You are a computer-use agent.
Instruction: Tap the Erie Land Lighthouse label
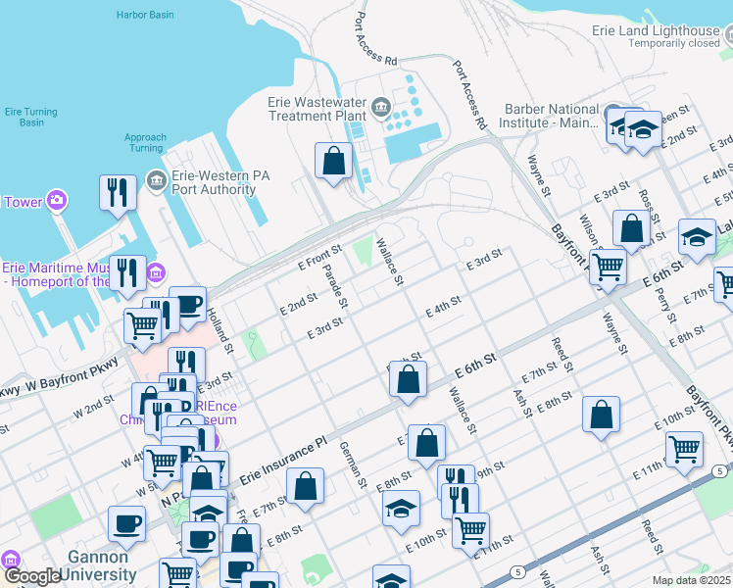point(656,30)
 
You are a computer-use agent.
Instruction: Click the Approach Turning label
point(145,143)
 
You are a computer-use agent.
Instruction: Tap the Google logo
point(32,576)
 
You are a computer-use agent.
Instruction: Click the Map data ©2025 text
point(691,580)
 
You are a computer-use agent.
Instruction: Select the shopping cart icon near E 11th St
point(684,449)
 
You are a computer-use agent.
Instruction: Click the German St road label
point(352,464)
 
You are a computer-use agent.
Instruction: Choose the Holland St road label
point(220,329)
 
